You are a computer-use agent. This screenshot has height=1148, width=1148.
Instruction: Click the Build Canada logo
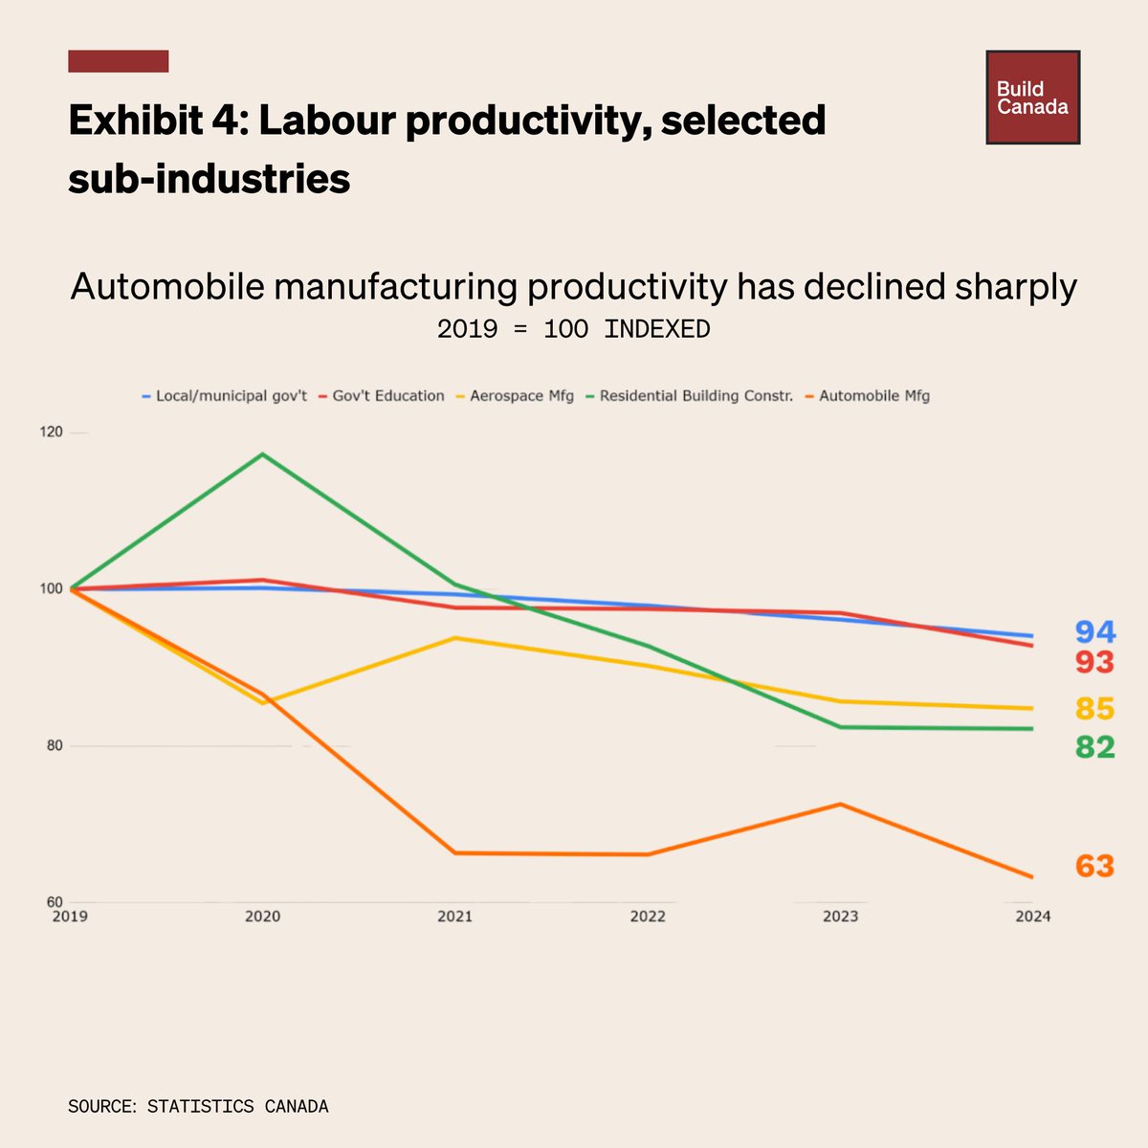(1032, 98)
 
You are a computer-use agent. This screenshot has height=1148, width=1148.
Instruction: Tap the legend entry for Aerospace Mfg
(521, 396)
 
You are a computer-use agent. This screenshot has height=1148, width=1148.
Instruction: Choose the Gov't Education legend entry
(387, 396)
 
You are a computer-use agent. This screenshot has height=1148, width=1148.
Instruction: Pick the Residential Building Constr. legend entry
(695, 396)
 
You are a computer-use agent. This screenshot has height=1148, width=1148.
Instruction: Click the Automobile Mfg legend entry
(873, 396)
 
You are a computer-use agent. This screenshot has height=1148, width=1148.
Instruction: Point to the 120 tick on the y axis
(53, 432)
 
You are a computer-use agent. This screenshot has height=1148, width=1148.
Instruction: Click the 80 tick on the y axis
(53, 746)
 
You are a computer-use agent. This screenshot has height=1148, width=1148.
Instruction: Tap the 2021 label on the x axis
(455, 916)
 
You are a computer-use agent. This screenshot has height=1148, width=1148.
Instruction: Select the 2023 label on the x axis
(841, 916)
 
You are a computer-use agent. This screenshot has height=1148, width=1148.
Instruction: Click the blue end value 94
(1094, 632)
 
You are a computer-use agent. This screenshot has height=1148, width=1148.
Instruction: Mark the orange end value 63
(1094, 867)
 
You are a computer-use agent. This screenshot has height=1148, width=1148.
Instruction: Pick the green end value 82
(1094, 747)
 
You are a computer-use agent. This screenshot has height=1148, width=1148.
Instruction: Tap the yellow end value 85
(1094, 709)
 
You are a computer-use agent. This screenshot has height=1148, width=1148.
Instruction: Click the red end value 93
(1094, 662)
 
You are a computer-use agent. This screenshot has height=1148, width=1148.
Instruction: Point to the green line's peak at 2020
(263, 454)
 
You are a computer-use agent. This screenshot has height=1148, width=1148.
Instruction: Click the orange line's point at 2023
(841, 805)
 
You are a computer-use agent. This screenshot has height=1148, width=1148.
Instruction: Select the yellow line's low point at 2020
(263, 703)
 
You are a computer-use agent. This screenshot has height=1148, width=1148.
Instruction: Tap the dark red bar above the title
(119, 61)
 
